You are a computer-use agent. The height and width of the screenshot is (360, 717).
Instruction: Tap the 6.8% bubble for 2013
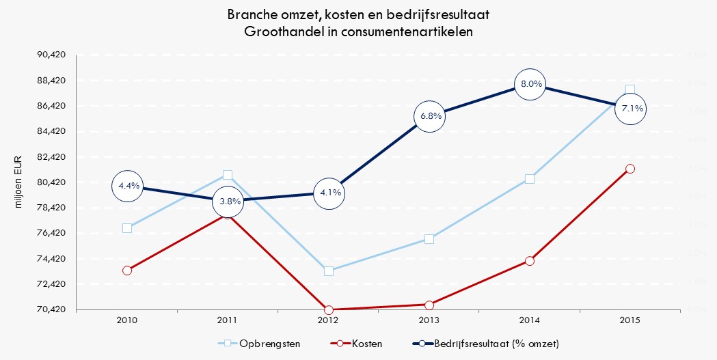point(429,115)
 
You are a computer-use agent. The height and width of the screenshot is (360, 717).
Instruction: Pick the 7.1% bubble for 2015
point(630,109)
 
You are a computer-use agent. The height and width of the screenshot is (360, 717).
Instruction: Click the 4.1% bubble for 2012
point(329,193)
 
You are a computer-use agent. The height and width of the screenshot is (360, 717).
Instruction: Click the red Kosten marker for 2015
point(630,169)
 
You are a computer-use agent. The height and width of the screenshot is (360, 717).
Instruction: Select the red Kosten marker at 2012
point(329,310)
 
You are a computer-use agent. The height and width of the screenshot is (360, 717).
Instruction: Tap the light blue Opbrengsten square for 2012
point(329,271)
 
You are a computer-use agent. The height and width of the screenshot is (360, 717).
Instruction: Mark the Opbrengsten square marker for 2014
point(530,179)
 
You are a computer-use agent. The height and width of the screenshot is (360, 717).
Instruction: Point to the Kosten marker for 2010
point(127,271)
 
